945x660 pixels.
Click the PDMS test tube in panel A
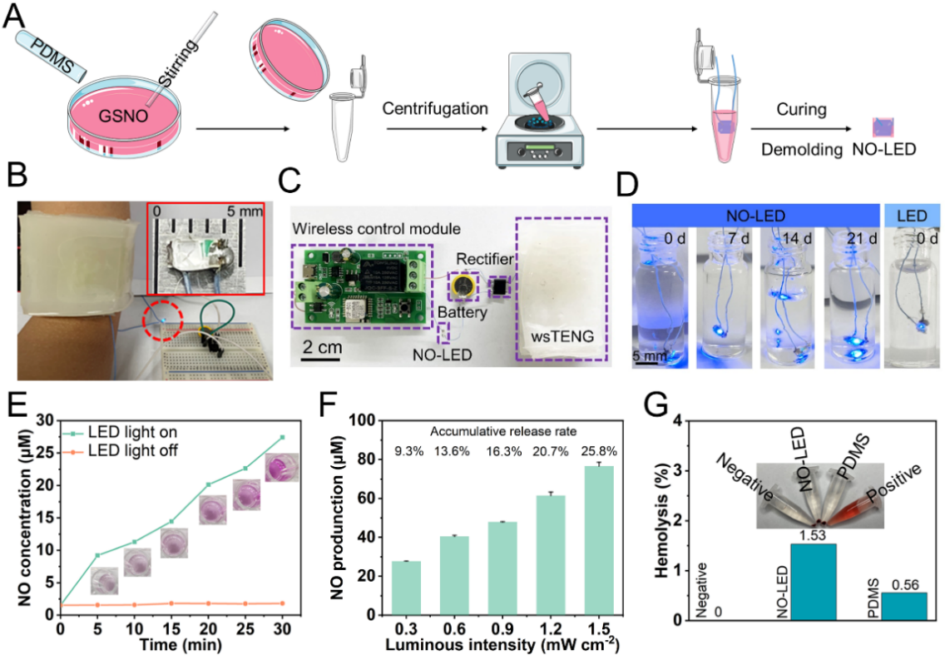click(x=49, y=54)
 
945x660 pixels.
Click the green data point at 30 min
click(x=283, y=437)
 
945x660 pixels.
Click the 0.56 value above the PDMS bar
click(x=903, y=585)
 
